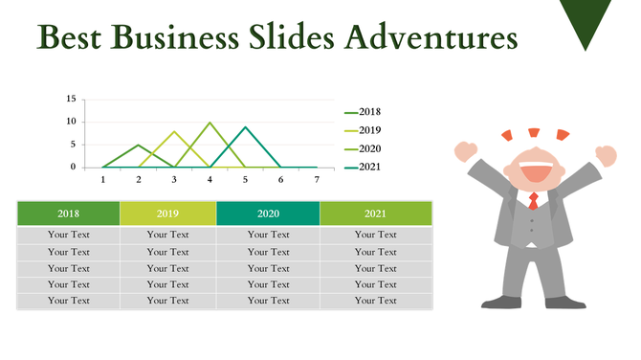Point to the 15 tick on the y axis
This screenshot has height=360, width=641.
click(71, 99)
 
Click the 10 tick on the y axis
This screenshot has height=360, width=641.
click(71, 122)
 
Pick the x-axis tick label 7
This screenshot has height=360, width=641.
click(316, 179)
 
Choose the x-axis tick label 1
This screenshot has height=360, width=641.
click(103, 179)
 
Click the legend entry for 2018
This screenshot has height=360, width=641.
click(363, 112)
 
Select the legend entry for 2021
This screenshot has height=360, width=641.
click(363, 168)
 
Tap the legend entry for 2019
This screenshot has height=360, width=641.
click(363, 130)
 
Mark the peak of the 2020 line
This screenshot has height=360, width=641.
click(210, 123)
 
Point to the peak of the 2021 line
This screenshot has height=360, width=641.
click(246, 127)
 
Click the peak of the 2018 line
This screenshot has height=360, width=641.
click(139, 146)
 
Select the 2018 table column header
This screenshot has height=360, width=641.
click(68, 214)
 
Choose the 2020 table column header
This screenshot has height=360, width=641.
click(268, 214)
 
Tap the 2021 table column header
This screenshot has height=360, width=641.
click(375, 214)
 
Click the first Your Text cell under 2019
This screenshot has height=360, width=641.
click(167, 235)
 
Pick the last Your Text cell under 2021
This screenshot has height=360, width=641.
click(375, 301)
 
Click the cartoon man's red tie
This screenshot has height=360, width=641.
click(533, 200)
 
